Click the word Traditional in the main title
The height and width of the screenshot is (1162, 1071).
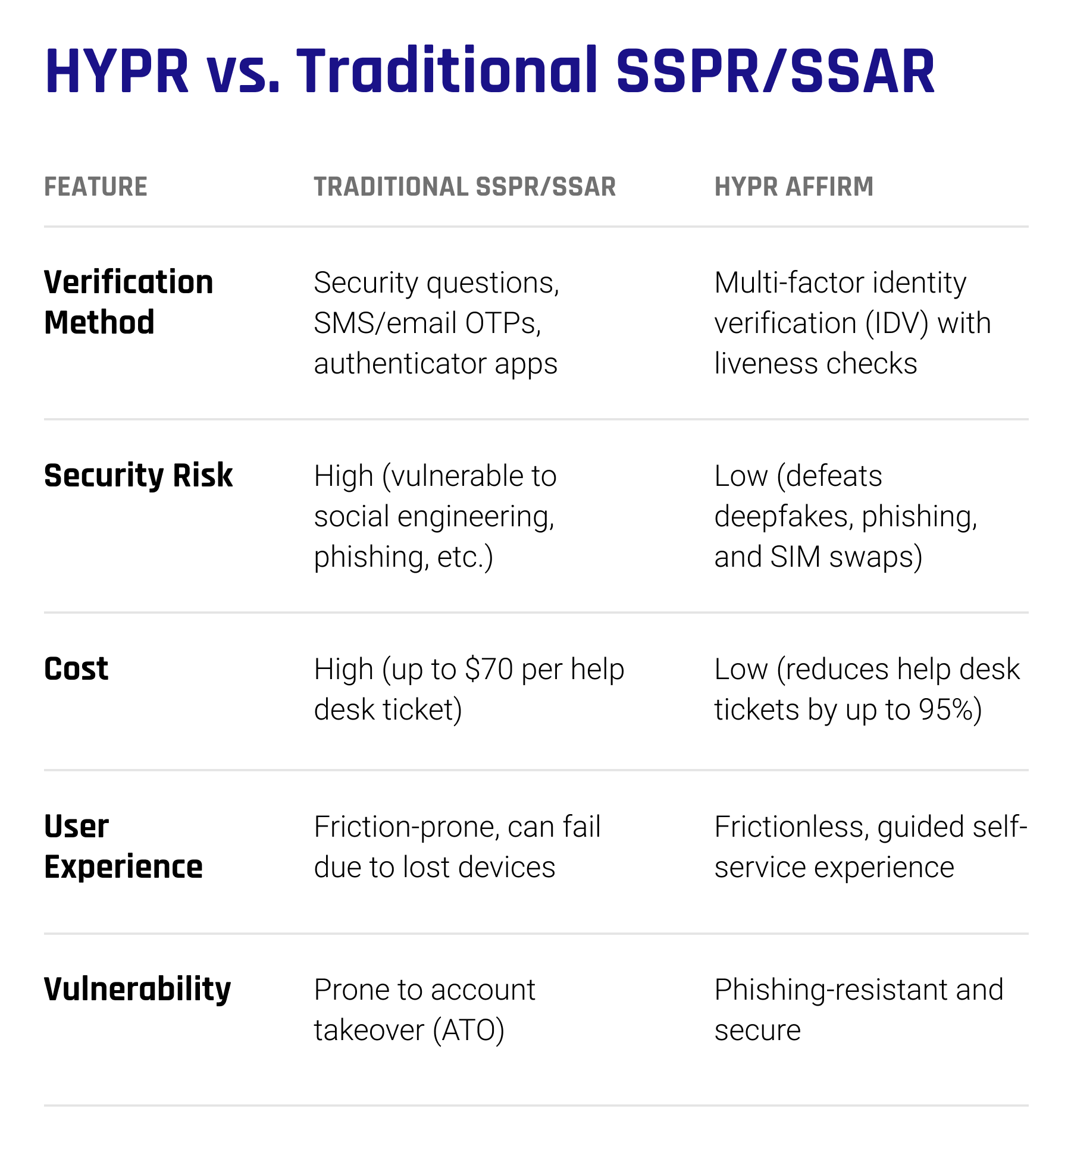coord(446,71)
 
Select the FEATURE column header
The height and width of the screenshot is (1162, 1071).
coord(96,187)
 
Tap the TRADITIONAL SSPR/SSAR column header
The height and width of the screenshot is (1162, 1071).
coord(465,187)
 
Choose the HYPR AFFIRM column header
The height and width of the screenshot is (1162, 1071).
coord(794,187)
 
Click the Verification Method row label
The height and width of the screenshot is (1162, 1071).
coord(129,302)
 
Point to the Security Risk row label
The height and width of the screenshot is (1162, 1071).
coord(138,475)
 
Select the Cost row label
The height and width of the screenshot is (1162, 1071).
coord(76,668)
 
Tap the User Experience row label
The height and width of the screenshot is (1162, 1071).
coord(123,846)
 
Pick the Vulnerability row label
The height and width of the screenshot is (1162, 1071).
coord(137,990)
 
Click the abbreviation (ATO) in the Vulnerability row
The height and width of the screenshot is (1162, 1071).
coord(469,1031)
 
